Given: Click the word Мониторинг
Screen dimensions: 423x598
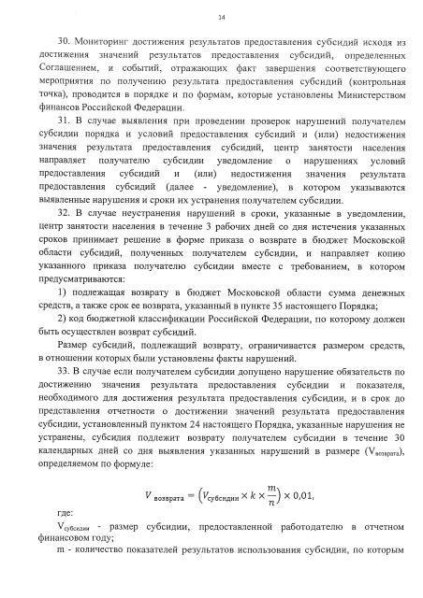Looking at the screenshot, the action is point(108,42).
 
